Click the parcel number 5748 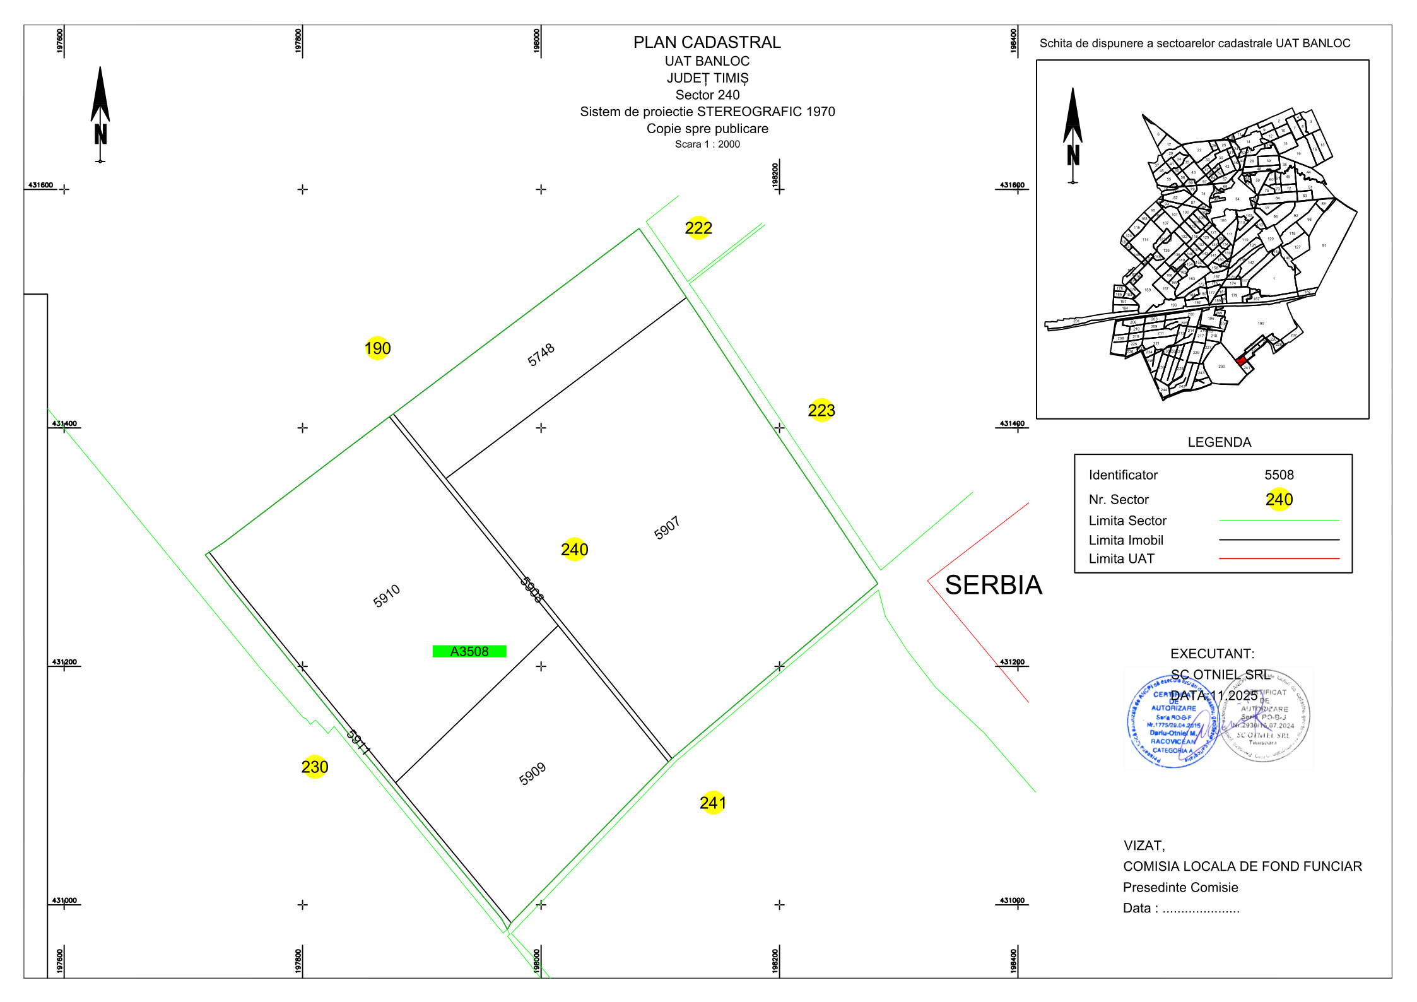pos(541,355)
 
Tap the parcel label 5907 pos(667,528)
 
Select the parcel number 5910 pos(387,596)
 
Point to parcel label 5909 pos(532,774)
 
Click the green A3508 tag pos(469,652)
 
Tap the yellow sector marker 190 pos(377,348)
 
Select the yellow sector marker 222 pos(698,228)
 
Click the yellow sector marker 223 pos(821,411)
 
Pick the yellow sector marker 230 pos(315,767)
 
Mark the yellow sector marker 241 pos(713,803)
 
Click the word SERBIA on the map pos(993,586)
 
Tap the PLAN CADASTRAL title pos(707,42)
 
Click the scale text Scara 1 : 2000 pos(707,144)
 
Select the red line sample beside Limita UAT pos(1279,558)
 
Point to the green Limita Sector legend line pos(1279,521)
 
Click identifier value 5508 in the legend pos(1279,475)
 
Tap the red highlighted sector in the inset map pos(1241,362)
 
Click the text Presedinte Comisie pos(1180,888)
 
